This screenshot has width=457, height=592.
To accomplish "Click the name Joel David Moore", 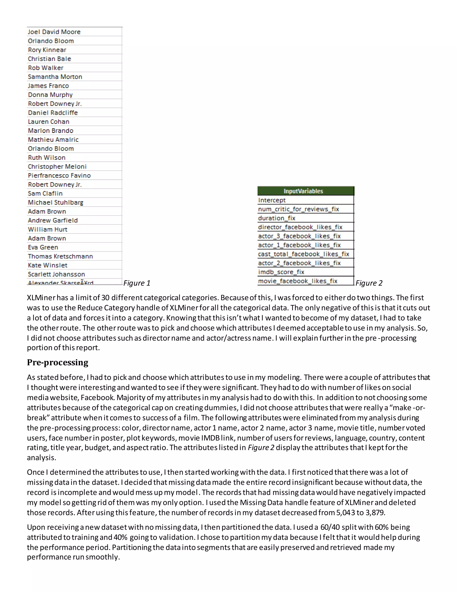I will point(54,32).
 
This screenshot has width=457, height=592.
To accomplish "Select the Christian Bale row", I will point(50,59).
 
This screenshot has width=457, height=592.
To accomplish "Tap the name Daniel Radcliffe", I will point(53,113).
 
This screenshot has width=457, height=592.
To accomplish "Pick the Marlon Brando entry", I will point(51,131).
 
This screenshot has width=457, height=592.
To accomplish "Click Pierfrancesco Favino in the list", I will point(59,176).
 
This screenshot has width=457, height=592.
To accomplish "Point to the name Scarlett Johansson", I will point(56,274).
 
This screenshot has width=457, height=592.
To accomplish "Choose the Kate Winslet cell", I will point(48,265).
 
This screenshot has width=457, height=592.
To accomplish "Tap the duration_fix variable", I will point(277,218).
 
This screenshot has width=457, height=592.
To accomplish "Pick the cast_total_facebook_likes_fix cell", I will point(303,254).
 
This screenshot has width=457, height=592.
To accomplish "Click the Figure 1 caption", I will point(137,283).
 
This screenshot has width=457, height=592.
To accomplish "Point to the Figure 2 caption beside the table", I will point(369,283).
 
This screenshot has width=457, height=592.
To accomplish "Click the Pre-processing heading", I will point(57,362).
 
